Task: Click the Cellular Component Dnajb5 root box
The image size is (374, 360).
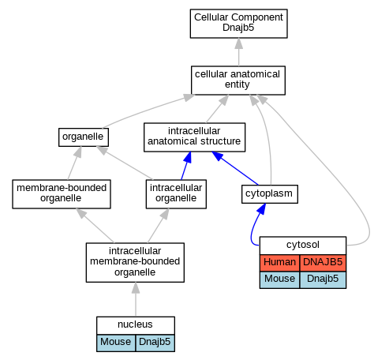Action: pyautogui.click(x=238, y=24)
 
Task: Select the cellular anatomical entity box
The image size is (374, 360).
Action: pyautogui.click(x=238, y=81)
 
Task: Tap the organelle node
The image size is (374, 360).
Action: pyautogui.click(x=84, y=137)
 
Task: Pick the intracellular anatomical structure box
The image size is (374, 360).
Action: pyautogui.click(x=194, y=137)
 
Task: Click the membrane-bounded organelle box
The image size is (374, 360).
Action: pyautogui.click(x=62, y=194)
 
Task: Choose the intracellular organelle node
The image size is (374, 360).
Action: pyautogui.click(x=176, y=194)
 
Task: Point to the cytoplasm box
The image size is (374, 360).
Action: pyautogui.click(x=270, y=194)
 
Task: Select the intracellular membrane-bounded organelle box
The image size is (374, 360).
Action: pyautogui.click(x=135, y=262)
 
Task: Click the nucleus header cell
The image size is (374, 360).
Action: pyautogui.click(x=136, y=325)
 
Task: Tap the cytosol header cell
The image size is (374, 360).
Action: pyautogui.click(x=303, y=246)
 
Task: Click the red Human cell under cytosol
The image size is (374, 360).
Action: pyautogui.click(x=279, y=263)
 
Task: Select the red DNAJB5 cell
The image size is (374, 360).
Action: pyautogui.click(x=323, y=263)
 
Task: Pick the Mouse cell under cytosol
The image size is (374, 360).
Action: pyautogui.click(x=279, y=279)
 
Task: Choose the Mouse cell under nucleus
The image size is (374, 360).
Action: pyautogui.click(x=116, y=343)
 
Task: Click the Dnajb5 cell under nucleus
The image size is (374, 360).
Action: pyautogui.click(x=155, y=343)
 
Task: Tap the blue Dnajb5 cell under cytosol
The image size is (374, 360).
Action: pyautogui.click(x=323, y=279)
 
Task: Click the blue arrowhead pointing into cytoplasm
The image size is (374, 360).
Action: pyautogui.click(x=261, y=208)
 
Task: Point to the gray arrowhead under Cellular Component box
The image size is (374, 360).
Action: pyautogui.click(x=239, y=43)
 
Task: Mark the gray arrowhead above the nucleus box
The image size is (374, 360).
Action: pyautogui.click(x=136, y=287)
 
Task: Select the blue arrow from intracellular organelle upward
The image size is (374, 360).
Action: pyautogui.click(x=185, y=166)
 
